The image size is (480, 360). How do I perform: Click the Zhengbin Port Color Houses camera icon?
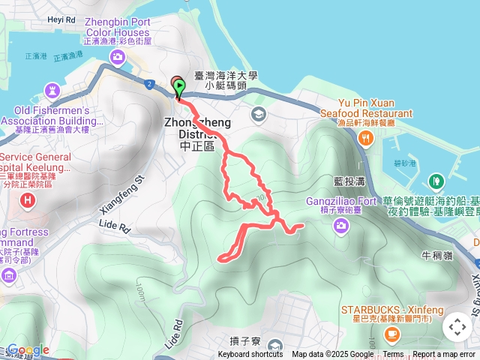pos(118,57)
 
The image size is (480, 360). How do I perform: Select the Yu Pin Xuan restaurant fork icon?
pos(365,136)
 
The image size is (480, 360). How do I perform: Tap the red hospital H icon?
pos(28,200)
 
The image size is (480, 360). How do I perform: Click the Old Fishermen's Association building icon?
pos(52,89)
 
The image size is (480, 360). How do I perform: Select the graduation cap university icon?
pos(259,114)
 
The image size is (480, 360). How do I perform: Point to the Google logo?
pos(28,350)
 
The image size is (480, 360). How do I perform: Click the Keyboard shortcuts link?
pos(250,355)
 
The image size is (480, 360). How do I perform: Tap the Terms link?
pos(393,355)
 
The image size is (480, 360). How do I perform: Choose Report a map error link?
pos(445,355)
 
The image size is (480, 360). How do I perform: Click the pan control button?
pos(457,327)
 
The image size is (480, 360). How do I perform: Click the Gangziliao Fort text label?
pos(340,202)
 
